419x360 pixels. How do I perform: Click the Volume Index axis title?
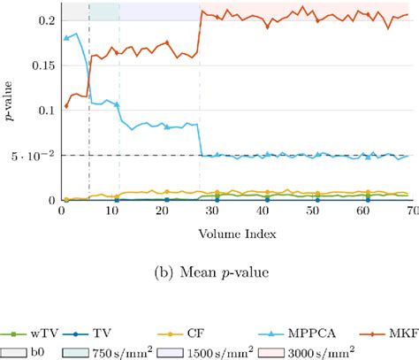(236, 234)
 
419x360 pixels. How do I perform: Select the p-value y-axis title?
(10, 105)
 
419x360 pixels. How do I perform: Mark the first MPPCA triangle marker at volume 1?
(66, 38)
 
